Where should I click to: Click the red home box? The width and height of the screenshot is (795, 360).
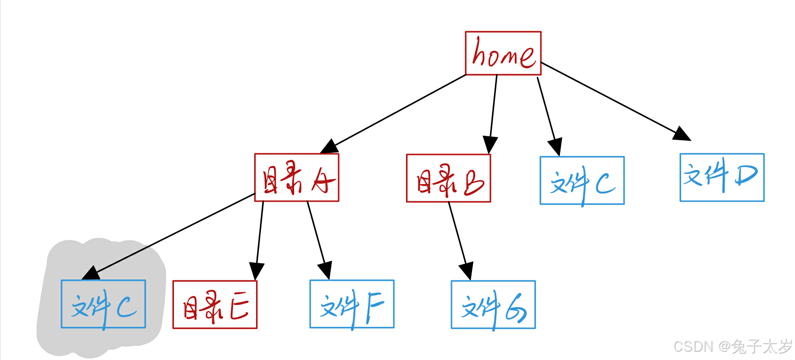click(503, 53)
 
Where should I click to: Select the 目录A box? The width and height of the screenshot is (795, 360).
click(297, 178)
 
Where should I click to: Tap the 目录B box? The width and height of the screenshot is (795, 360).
click(448, 178)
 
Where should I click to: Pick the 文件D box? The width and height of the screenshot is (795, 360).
click(722, 177)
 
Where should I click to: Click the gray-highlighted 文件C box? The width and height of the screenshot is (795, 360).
click(103, 304)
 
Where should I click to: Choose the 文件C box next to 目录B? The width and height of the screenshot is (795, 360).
click(582, 180)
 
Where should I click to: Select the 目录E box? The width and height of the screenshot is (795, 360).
click(215, 305)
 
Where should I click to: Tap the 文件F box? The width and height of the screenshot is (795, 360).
click(352, 304)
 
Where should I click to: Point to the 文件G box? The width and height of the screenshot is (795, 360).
click(493, 305)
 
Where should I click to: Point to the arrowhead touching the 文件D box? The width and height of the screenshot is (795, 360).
click(682, 134)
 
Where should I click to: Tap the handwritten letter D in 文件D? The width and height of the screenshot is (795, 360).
click(746, 175)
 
